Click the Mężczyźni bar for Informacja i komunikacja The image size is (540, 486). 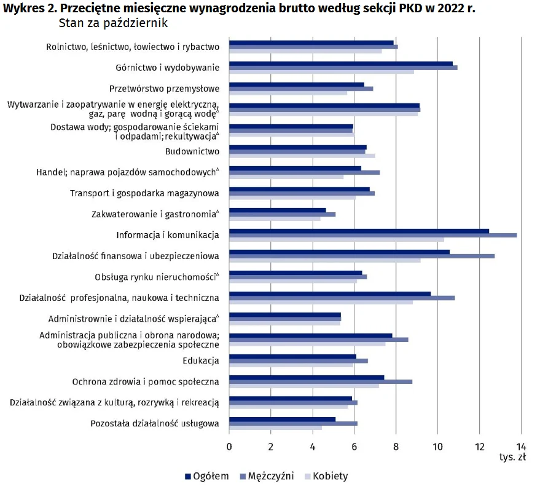tap(373, 235)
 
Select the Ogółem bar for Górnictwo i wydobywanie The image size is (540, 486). tap(341, 63)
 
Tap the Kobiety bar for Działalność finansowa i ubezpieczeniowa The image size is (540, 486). tap(325, 260)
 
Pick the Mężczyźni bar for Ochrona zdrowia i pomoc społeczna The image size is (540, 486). tap(321, 381)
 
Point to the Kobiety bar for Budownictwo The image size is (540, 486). tap(302, 156)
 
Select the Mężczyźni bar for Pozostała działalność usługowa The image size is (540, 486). tap(293, 423)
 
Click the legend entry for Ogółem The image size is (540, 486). tap(207, 476)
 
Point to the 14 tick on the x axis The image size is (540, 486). tap(521, 447)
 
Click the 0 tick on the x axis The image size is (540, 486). tap(229, 447)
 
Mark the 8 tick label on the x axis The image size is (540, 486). tap(396, 447)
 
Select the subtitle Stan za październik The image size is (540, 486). tap(114, 23)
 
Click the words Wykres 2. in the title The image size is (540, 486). tap(28, 8)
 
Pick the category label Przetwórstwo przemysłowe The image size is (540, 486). tap(164, 87)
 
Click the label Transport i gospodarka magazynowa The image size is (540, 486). tap(144, 193)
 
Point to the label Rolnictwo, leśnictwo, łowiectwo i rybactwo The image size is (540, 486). tap(133, 46)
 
